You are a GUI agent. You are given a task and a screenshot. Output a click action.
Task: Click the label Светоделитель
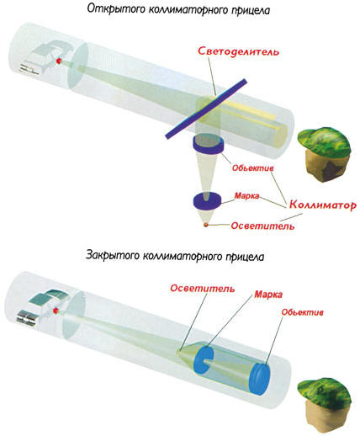pos(239,51)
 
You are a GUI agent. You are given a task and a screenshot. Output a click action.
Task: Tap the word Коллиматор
pos(323,205)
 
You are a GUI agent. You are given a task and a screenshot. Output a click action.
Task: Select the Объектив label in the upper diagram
pos(252,167)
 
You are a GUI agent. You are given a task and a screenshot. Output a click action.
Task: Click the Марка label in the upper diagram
pos(246,195)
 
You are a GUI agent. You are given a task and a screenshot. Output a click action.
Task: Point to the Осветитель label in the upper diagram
pos(262,226)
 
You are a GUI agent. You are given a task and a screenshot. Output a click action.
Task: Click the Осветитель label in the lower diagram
pos(203,289)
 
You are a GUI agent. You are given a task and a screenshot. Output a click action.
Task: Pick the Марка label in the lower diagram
pos(268,295)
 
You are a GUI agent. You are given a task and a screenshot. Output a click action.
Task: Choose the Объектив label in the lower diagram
pos(303,312)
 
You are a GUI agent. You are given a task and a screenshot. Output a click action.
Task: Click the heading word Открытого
pos(115,9)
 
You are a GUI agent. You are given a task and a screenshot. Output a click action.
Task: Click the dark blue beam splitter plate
pos(206,109)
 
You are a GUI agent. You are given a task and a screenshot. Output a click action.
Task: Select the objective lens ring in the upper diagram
pos(208,144)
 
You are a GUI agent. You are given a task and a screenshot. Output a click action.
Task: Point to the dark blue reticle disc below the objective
pos(207,201)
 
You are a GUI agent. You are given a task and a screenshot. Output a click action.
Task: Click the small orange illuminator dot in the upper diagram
pos(206,225)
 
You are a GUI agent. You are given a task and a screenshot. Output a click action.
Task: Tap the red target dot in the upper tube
pos(59,61)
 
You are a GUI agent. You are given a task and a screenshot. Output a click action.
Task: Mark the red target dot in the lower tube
pos(56,311)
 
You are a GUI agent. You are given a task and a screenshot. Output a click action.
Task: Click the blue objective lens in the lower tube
pos(259,379)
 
